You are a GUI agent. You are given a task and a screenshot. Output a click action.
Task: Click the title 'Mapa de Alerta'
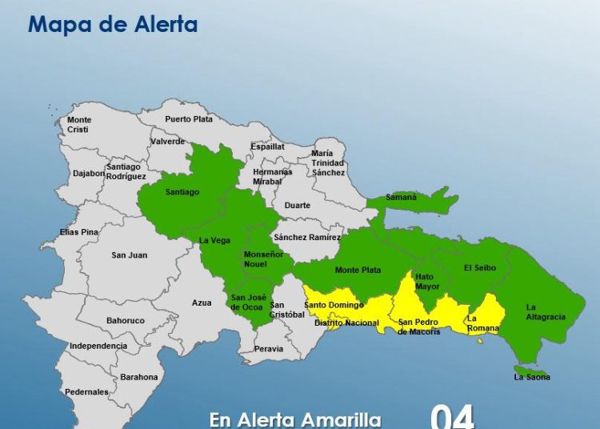pos(113,24)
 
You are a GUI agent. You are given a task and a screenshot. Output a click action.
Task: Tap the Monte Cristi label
pos(78,125)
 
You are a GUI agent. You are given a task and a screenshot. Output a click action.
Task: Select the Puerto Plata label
pos(189,119)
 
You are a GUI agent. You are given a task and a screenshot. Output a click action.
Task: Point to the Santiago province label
pos(182,192)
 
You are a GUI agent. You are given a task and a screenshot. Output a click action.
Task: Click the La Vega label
pos(214,240)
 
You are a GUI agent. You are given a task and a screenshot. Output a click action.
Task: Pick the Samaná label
pos(402,197)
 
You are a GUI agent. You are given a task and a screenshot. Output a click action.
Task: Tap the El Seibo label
pos(480,268)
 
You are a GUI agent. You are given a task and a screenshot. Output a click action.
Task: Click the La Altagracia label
pos(546,312)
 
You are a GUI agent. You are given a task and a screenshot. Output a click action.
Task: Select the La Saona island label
pos(532,377)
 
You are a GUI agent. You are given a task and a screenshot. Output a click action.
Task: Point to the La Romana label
pos(483,323)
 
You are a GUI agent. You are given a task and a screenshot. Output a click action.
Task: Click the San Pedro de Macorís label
pos(419,327)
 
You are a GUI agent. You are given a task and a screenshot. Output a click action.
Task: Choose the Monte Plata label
pos(358,270)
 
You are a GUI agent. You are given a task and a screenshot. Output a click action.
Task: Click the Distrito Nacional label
pos(346,323)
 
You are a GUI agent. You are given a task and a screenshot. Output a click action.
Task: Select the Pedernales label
pos(86,392)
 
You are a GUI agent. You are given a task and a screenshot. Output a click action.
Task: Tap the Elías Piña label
pos(78,232)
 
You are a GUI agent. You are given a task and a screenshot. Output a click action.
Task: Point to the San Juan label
pos(129,255)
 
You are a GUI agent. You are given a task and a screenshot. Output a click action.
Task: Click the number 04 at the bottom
pos(452,417)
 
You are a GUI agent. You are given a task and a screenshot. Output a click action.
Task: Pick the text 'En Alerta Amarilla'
pos(295,419)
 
